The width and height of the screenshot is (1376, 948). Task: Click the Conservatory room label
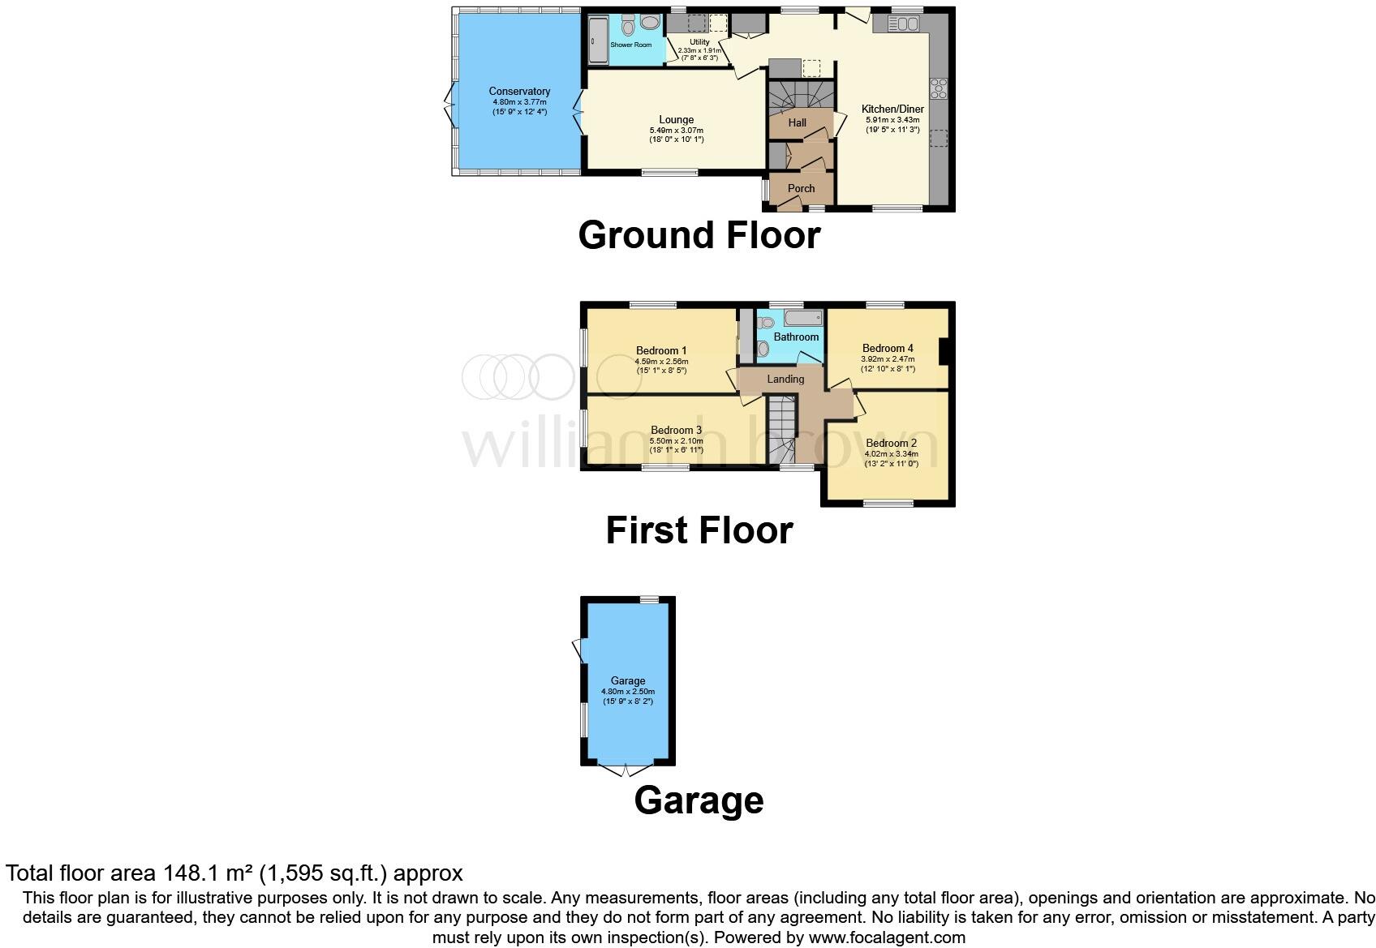pyautogui.click(x=519, y=92)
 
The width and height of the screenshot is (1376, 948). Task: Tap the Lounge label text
pyautogui.click(x=676, y=120)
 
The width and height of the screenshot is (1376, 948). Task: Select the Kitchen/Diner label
pyautogui.click(x=892, y=109)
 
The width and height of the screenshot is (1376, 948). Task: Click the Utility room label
pyautogui.click(x=699, y=42)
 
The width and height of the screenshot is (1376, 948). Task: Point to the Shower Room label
pyautogui.click(x=630, y=45)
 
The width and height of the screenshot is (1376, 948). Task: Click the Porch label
pyautogui.click(x=801, y=188)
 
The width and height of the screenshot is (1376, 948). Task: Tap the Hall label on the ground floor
pyautogui.click(x=798, y=122)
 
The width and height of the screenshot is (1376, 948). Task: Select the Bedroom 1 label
pyautogui.click(x=661, y=351)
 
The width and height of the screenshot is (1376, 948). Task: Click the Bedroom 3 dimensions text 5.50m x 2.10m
pyautogui.click(x=676, y=441)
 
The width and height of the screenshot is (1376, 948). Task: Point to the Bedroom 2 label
pyautogui.click(x=891, y=443)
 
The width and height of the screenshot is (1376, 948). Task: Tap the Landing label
pyautogui.click(x=785, y=379)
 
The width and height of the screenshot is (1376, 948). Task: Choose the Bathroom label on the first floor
pyautogui.click(x=796, y=337)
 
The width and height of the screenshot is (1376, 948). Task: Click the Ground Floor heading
pyautogui.click(x=699, y=235)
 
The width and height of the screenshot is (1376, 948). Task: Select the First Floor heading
pyautogui.click(x=699, y=530)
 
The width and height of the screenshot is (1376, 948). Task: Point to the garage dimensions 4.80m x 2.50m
pyautogui.click(x=627, y=692)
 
